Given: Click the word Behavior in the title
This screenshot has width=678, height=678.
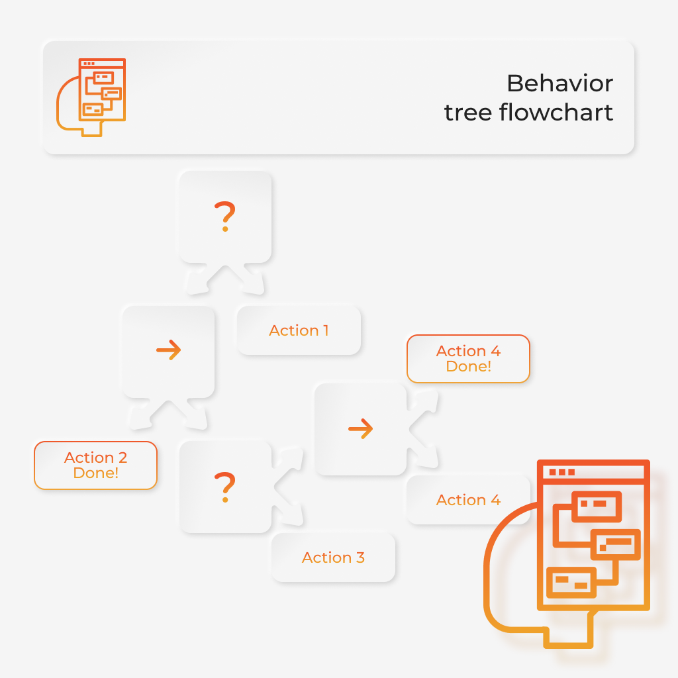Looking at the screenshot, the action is point(560,83).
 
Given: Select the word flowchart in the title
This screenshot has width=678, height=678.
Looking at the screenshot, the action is point(556,113).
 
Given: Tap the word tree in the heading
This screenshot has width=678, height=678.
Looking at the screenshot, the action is point(468,113).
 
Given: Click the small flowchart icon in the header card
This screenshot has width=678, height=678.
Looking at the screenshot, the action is point(91,97).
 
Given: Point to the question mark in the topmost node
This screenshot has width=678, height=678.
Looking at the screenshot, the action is point(225,217).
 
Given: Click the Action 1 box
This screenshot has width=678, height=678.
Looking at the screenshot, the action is point(299,330).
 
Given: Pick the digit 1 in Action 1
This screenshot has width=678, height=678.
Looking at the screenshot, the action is point(326,330).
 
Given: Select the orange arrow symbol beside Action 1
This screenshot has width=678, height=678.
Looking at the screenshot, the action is point(169,350).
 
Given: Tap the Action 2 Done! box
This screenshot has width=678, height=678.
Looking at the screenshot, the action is point(95,465).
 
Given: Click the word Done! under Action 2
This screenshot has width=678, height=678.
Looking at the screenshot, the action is point(95,473).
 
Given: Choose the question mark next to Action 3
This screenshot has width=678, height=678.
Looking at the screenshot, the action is point(225,487).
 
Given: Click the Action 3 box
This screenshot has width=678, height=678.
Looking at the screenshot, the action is point(334,557).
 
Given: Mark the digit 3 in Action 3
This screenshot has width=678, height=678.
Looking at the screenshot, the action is point(360,557).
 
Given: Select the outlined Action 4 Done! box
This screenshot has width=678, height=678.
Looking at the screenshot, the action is point(468,359).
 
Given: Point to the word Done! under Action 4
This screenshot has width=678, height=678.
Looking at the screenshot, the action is point(469,367).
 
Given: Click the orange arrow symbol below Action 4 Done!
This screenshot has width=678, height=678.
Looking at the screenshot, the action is point(361,428).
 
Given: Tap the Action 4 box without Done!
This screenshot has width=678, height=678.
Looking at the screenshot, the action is point(468,500).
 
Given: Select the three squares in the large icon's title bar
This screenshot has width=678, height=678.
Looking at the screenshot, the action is point(561,471).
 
